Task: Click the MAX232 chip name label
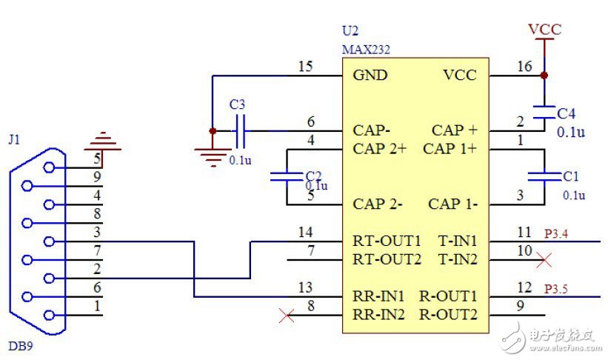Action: [366, 50]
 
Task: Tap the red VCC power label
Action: [544, 30]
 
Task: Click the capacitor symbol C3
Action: [239, 130]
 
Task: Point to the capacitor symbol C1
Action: [544, 176]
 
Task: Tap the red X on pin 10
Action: [544, 260]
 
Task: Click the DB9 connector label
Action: [19, 346]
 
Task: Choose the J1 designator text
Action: [14, 139]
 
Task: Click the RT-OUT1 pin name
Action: [387, 241]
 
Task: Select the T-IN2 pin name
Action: [458, 259]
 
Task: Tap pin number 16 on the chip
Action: [524, 67]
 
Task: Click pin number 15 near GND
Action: [305, 67]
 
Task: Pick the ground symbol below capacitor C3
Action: [212, 153]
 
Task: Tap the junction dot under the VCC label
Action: [544, 76]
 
